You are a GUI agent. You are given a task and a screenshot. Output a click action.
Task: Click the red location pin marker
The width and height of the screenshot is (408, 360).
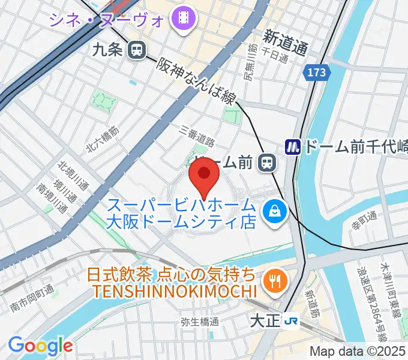(203, 175)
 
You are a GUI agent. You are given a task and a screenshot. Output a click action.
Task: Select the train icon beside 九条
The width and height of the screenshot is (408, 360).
(137, 50)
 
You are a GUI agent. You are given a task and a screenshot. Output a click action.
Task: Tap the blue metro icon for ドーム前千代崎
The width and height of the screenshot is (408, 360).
(292, 146)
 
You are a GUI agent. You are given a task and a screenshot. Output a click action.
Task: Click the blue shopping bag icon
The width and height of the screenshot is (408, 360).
(275, 211)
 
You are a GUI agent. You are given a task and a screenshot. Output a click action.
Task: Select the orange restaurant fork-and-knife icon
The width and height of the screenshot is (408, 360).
(275, 279)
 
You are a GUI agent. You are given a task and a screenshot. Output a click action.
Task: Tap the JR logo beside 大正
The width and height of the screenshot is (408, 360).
(292, 322)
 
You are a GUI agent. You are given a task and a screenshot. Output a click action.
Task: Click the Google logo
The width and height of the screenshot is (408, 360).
(40, 346)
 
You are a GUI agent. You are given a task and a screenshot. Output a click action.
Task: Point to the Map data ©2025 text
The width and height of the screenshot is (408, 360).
(358, 352)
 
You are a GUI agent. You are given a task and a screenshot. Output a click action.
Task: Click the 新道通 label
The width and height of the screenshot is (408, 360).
(286, 41)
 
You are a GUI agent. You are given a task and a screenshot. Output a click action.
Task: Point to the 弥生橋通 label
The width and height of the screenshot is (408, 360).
(199, 322)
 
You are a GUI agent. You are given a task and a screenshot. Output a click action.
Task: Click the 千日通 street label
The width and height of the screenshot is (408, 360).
(279, 56)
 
